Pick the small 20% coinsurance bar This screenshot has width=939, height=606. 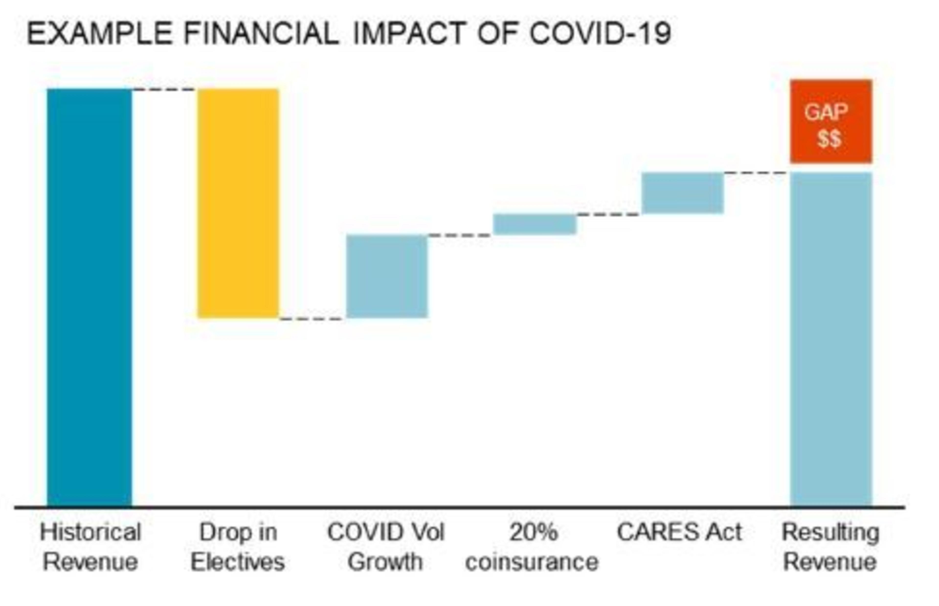pyautogui.click(x=535, y=224)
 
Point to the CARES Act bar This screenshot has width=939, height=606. pyautogui.click(x=682, y=193)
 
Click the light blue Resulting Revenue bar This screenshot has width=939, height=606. pyautogui.click(x=831, y=339)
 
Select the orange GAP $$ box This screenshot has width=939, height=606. pyautogui.click(x=831, y=121)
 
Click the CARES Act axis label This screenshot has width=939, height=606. pyautogui.click(x=679, y=532)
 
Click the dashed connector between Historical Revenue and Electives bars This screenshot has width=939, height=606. pyautogui.click(x=164, y=90)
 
